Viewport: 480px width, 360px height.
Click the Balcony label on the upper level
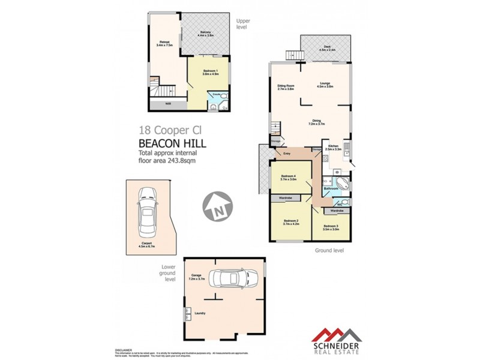pos(206,33)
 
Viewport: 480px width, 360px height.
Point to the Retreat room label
pos(164,43)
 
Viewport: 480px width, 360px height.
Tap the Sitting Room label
pos(286,87)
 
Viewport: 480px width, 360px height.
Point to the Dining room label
pos(316,122)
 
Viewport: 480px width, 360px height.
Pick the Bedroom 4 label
pos(290,178)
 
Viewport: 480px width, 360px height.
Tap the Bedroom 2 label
pos(290,222)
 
